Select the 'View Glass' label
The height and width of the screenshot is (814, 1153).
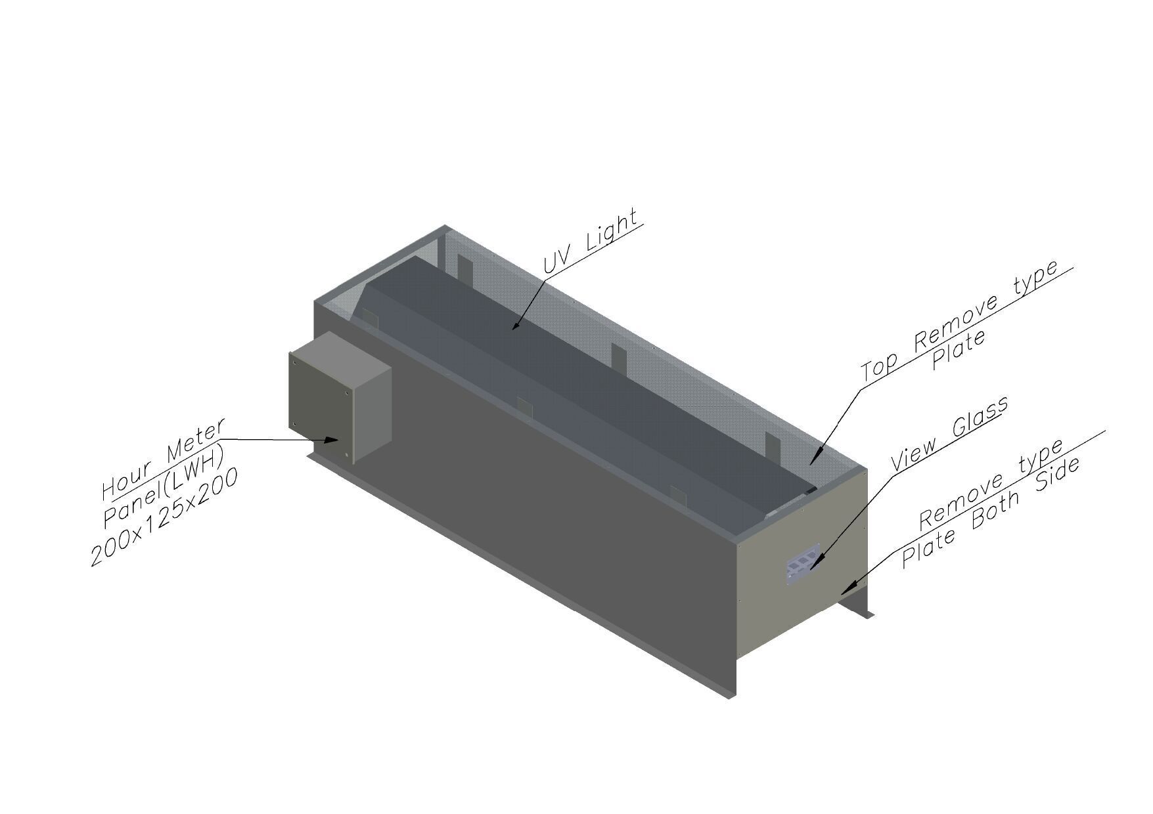click(x=949, y=433)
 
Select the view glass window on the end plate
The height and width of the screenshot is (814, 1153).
click(x=802, y=563)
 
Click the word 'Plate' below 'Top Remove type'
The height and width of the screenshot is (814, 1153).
click(x=959, y=350)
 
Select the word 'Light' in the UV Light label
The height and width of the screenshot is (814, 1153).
click(x=612, y=230)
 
